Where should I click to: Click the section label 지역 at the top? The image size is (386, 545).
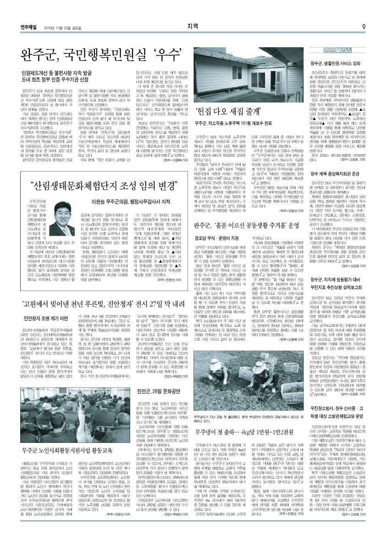tap(193, 26)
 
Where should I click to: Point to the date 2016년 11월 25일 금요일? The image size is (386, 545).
tap(57, 27)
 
